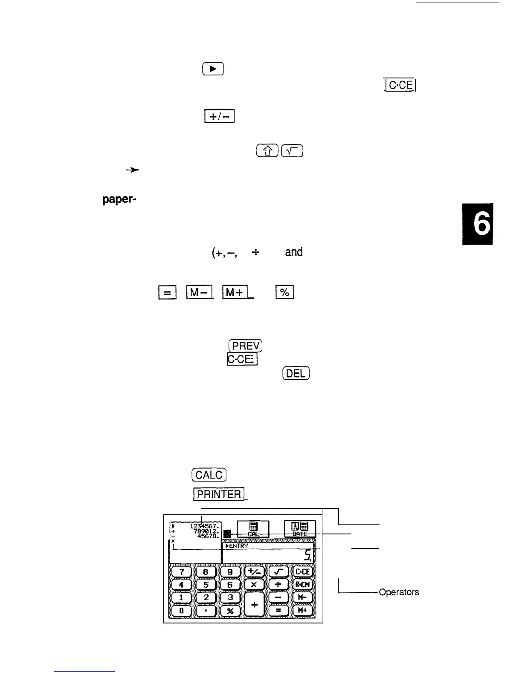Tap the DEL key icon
tap(296, 373)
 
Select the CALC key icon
tap(209, 475)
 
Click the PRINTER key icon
tap(219, 494)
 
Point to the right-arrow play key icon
tap(213, 69)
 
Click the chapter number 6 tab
tap(477, 224)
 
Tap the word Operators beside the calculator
tap(399, 592)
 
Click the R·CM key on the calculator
tap(303, 584)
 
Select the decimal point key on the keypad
tap(206, 611)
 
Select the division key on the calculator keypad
tap(279, 584)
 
